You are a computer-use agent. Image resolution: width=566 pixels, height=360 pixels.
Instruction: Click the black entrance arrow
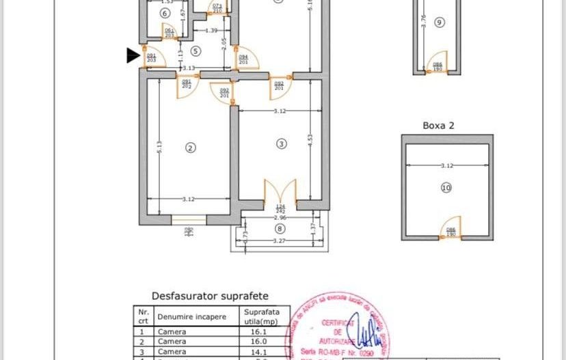133,56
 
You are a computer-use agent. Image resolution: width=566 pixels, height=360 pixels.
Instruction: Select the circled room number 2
191,147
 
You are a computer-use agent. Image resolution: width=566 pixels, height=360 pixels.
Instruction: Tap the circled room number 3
281,143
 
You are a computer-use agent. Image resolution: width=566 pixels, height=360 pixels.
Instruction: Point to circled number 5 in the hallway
196,51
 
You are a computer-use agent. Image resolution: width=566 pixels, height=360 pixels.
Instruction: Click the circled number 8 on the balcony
281,229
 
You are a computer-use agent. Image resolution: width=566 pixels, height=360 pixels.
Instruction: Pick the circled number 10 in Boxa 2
446,188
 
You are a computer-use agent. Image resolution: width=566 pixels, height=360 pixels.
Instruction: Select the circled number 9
439,23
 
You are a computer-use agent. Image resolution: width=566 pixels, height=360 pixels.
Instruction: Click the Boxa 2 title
438,126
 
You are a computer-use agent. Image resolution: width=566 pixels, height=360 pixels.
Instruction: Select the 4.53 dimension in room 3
310,137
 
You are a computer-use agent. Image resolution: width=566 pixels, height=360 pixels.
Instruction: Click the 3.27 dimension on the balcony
278,240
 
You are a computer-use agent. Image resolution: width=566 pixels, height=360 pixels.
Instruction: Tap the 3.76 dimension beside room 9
423,20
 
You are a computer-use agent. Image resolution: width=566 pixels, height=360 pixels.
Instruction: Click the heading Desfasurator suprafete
209,296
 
